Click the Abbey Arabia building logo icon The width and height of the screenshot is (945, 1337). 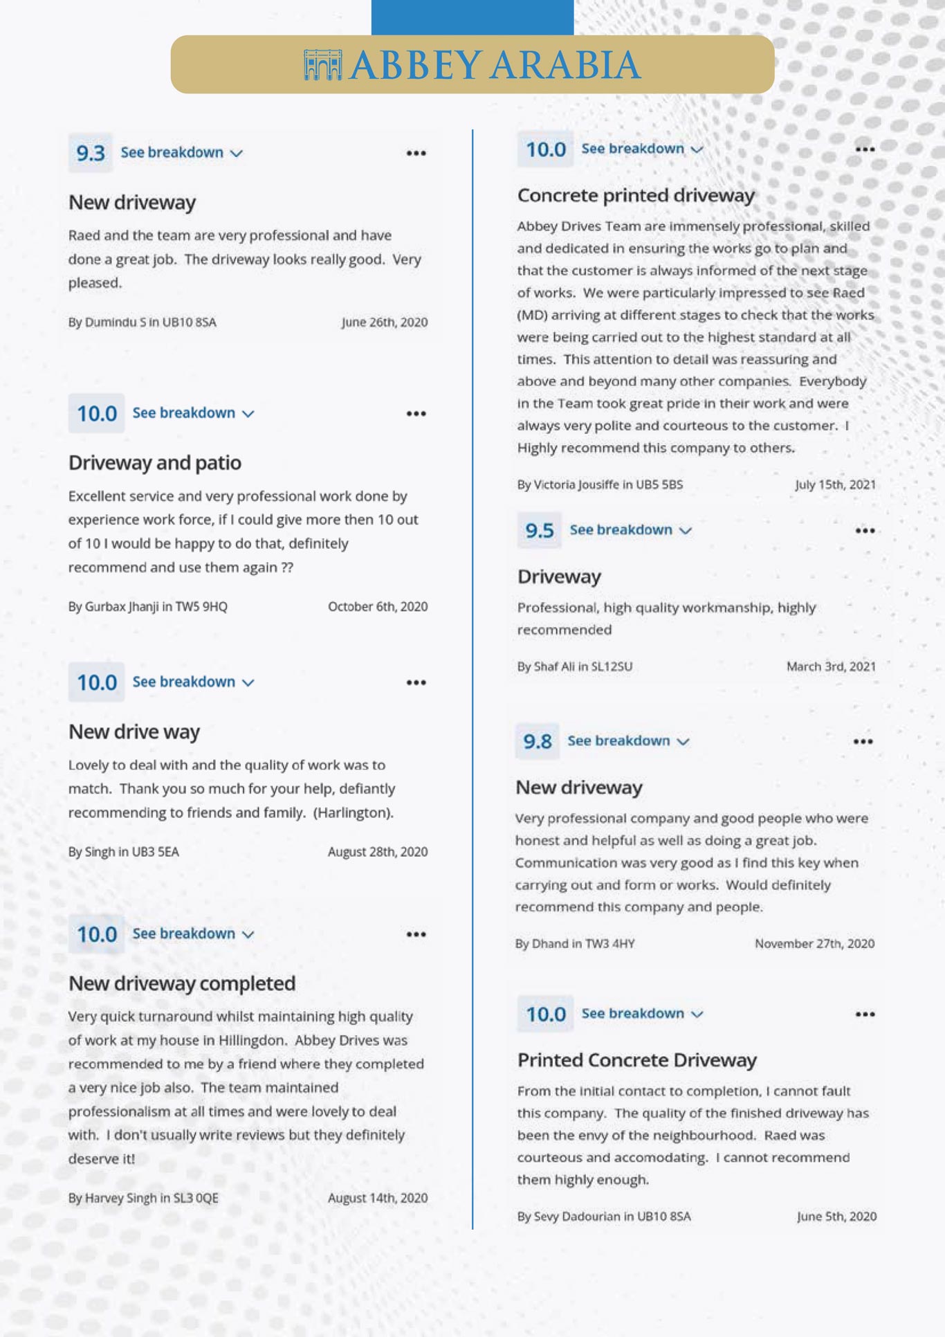322,65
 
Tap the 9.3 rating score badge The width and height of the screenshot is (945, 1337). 91,153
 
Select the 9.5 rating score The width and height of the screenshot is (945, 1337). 540,531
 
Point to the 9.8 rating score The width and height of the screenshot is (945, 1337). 538,742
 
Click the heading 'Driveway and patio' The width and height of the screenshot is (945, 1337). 155,463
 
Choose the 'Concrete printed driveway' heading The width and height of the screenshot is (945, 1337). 636,196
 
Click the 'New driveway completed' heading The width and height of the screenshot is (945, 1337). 182,983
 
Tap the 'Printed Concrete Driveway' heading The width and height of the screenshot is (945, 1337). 637,1060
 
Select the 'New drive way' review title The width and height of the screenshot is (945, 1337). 134,732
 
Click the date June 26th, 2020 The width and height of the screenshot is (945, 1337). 385,322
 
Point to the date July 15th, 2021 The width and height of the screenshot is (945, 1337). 835,484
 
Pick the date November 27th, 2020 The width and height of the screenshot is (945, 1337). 814,944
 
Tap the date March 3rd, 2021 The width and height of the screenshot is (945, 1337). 831,667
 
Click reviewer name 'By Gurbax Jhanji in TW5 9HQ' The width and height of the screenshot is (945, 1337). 148,607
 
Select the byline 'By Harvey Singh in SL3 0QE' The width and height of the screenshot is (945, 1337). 143,1198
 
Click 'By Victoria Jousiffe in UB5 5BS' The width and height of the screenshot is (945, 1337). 600,484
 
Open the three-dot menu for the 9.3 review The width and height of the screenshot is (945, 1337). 416,154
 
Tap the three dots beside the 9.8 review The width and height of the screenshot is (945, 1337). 863,742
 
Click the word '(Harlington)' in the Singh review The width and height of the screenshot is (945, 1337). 353,812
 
